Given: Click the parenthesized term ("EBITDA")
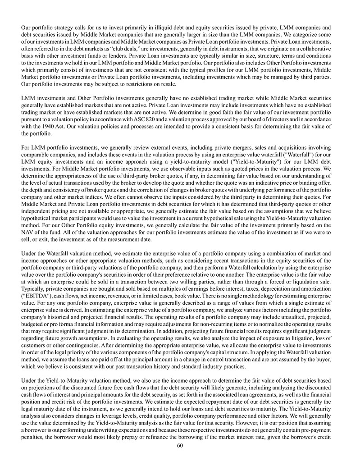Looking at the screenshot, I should pyautogui.click(x=38, y=298).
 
